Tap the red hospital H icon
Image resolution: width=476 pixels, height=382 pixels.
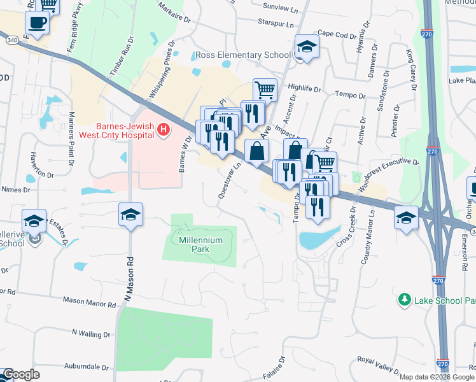164,131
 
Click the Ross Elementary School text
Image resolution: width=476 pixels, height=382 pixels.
243,55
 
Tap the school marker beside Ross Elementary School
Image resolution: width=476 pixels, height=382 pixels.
307,47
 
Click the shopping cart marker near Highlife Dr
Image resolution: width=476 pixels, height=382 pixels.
265,89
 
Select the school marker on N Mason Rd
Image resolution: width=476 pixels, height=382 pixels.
130,215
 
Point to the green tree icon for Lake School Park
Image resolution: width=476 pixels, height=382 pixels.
403,299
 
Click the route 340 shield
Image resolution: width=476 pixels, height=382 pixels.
13,40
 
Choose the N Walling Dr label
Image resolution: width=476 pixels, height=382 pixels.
92,333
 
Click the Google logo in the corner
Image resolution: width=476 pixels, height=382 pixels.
21,375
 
